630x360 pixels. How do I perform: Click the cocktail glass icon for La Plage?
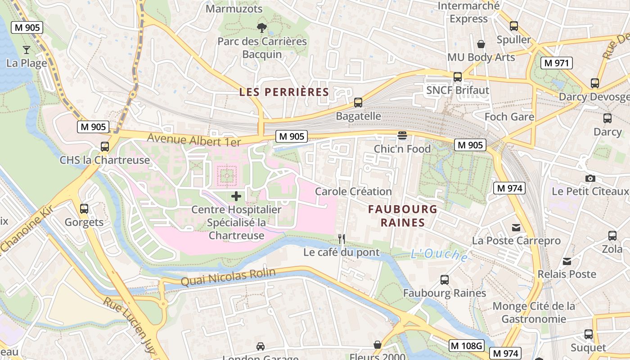pos(27,50)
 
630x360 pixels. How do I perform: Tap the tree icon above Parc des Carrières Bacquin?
pos(261,28)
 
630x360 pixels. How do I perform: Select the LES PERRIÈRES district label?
pos(284,92)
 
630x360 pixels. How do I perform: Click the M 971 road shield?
pos(556,63)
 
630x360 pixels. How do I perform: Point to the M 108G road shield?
pos(466,345)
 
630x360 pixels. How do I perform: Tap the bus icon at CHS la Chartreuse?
pos(105,147)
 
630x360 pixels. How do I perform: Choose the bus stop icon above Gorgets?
pos(84,209)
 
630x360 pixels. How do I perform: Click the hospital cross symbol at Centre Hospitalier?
pos(236,196)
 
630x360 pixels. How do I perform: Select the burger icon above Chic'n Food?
pos(402,135)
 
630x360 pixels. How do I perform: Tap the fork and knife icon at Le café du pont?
pos(342,239)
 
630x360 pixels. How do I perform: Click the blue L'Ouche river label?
pos(439,255)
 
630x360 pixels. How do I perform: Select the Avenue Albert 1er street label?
pos(194,140)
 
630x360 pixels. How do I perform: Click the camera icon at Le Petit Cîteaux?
pos(590,179)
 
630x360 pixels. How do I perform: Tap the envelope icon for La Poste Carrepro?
pos(516,228)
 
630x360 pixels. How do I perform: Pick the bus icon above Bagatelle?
pos(358,103)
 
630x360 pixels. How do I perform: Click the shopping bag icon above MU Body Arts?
pos(481,44)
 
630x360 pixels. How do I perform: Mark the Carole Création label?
pos(353,191)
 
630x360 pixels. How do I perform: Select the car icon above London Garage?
pos(260,346)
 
